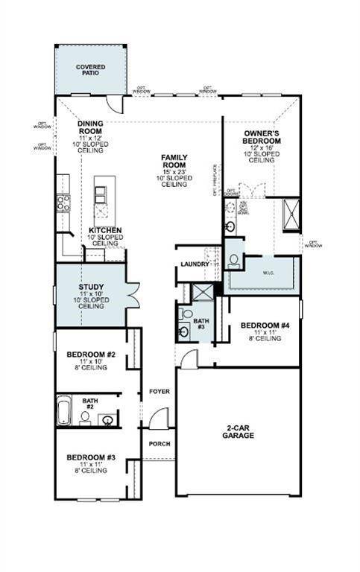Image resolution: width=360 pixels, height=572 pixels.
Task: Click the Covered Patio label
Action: pyautogui.click(x=90, y=69)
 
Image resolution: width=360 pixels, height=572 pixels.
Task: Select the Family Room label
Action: pyautogui.click(x=177, y=162)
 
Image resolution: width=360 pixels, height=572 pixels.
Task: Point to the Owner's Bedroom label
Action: pyautogui.click(x=262, y=136)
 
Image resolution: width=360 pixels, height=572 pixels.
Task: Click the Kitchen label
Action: pyautogui.click(x=105, y=230)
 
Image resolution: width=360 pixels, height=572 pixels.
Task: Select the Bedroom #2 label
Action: pyautogui.click(x=90, y=355)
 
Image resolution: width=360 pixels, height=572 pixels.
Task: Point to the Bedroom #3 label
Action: pyautogui.click(x=90, y=457)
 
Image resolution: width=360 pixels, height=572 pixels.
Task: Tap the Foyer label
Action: pyautogui.click(x=159, y=391)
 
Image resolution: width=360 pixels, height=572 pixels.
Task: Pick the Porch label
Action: pyautogui.click(x=159, y=444)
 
